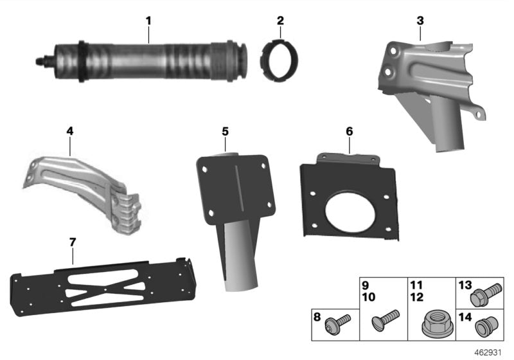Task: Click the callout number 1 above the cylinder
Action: click(x=148, y=21)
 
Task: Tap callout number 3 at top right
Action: click(x=420, y=21)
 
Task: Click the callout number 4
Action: click(x=69, y=131)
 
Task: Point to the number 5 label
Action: click(x=225, y=131)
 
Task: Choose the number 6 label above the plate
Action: click(x=349, y=131)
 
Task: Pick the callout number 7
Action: click(x=73, y=242)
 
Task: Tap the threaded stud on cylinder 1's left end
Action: click(x=40, y=62)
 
